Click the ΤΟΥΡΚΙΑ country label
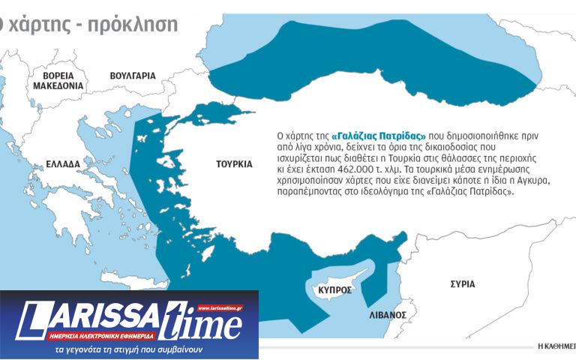point(233,163)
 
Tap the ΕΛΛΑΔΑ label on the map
point(62,163)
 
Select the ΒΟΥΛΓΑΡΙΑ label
point(132,76)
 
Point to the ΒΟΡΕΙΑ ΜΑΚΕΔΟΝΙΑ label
point(58,81)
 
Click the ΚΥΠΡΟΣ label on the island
point(334,289)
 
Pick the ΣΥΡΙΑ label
point(462,284)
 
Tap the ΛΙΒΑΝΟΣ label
point(388,315)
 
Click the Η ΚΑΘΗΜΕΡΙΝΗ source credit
point(556,346)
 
